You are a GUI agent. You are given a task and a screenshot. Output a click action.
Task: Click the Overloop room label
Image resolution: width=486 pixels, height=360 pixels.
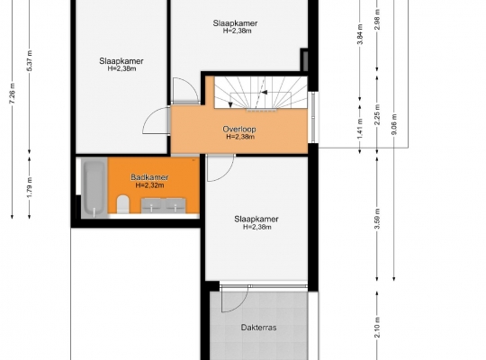point(239,129)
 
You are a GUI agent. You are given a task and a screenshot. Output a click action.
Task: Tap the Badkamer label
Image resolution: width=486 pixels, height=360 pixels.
point(149,177)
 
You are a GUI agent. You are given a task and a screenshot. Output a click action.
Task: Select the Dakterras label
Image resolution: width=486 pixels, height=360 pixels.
point(259,328)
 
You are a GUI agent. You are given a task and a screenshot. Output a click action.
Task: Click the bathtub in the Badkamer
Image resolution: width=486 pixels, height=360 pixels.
point(94,188)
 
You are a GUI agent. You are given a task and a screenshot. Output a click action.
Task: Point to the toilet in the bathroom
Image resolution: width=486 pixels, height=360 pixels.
point(122,204)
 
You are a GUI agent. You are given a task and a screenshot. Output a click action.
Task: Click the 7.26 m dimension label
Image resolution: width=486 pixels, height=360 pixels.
point(12,94)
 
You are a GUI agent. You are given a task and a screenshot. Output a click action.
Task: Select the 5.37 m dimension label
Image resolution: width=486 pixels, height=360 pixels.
point(30,60)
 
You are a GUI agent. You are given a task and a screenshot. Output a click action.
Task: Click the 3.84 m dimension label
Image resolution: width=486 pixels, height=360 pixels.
point(360,34)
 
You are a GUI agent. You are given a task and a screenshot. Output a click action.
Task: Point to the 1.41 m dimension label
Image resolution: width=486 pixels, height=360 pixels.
point(360,130)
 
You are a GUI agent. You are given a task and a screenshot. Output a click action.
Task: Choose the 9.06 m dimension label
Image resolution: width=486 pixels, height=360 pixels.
point(394,124)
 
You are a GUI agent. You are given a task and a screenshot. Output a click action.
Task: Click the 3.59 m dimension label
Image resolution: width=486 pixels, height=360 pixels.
point(377,219)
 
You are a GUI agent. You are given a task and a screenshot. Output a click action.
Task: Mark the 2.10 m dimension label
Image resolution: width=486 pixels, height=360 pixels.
point(377,328)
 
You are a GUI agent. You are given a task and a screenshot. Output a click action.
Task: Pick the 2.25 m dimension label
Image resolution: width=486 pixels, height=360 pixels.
point(377,114)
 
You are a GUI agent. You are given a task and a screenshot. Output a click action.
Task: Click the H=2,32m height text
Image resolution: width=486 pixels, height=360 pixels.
point(149,185)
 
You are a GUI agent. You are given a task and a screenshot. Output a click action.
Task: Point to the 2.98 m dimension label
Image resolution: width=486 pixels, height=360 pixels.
point(377,20)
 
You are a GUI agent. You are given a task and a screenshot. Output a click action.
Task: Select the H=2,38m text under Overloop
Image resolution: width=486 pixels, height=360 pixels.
point(240,137)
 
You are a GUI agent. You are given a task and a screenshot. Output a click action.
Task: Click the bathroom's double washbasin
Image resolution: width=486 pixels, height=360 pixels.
point(163,205)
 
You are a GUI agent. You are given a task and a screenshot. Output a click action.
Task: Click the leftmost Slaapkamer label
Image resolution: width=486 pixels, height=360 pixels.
point(121,61)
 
